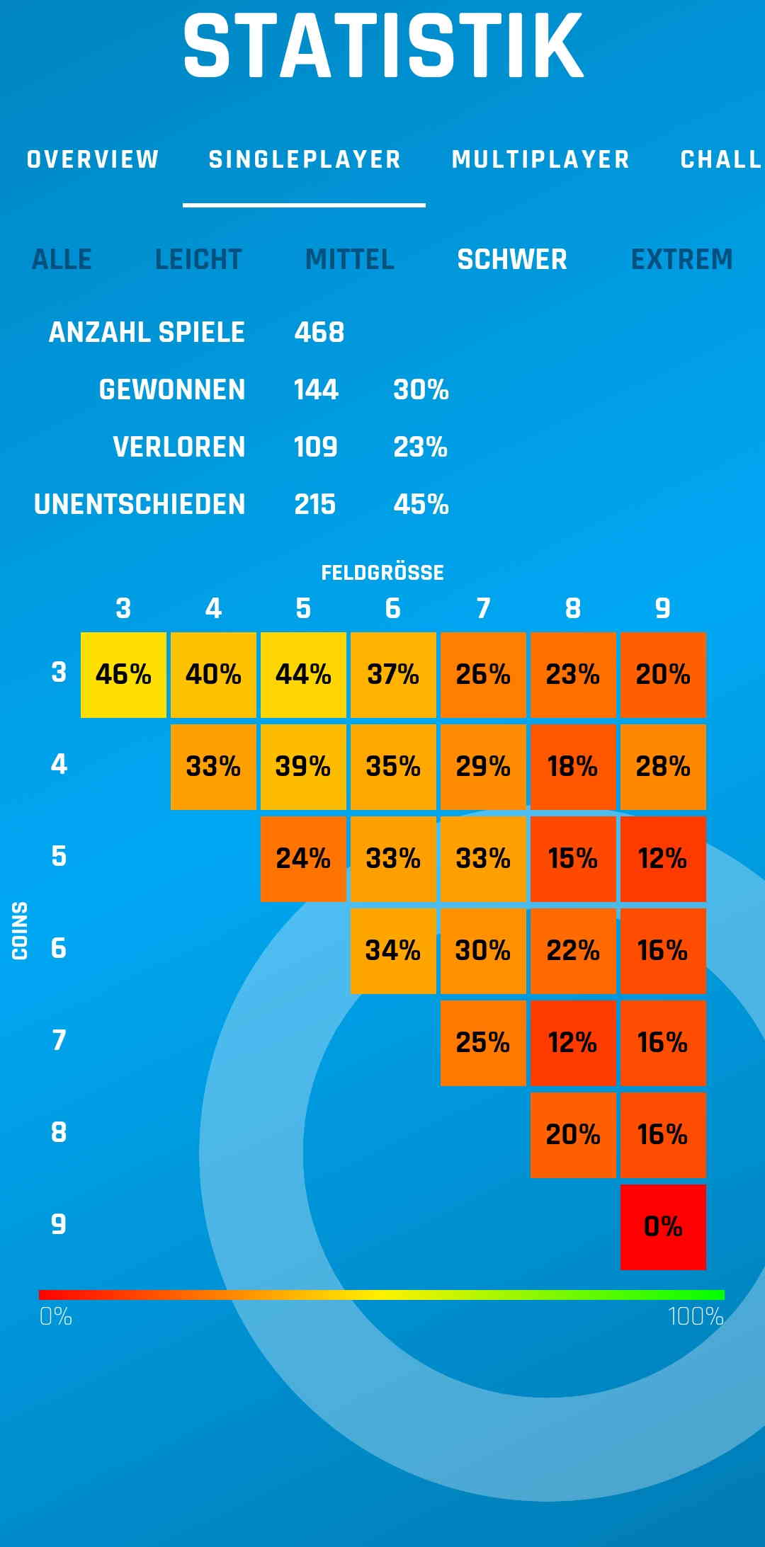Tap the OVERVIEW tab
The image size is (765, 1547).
[93, 159]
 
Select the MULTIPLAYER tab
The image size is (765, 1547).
[540, 159]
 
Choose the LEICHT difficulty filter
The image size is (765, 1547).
[198, 260]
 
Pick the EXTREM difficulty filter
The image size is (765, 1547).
[681, 260]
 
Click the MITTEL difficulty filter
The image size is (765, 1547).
[349, 260]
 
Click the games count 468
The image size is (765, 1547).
[319, 332]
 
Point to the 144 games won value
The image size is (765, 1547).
[316, 389]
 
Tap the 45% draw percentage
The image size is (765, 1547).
[421, 504]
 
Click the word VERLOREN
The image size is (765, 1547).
[178, 447]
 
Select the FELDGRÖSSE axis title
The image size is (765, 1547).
[382, 573]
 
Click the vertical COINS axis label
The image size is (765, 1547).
[20, 930]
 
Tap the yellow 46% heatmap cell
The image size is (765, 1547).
[123, 675]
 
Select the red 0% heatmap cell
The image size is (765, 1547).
[663, 1226]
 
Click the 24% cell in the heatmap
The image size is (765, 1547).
[303, 859]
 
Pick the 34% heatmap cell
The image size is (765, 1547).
[393, 951]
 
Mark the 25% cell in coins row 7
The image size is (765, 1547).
[483, 1043]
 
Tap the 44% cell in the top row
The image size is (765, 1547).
[303, 675]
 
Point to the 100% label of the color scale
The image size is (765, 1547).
[696, 1317]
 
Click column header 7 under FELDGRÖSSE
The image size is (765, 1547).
[483, 608]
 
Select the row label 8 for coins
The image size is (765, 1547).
[59, 1133]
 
